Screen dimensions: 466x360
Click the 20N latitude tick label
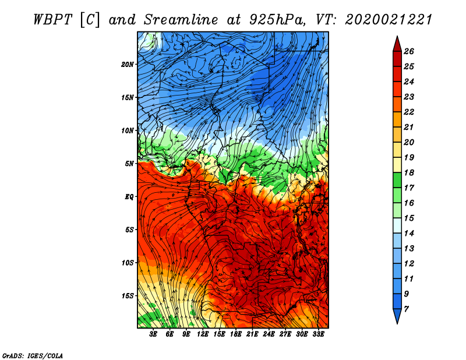pyautogui.click(x=127, y=65)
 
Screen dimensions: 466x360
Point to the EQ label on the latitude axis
pyautogui.click(x=129, y=197)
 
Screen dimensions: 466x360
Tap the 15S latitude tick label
pyautogui.click(x=128, y=296)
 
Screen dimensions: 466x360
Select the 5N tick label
pyautogui.click(x=129, y=164)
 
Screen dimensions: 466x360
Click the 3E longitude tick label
pyautogui.click(x=153, y=334)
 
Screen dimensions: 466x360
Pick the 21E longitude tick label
pyautogui.click(x=252, y=334)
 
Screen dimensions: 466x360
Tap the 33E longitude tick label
pyautogui.click(x=318, y=334)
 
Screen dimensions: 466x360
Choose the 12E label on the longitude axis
pyautogui.click(x=203, y=334)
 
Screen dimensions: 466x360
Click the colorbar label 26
pyautogui.click(x=409, y=51)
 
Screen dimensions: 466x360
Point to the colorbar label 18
pyautogui.click(x=409, y=172)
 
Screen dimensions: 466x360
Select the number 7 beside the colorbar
pyautogui.click(x=406, y=309)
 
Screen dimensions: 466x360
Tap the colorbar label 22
pyautogui.click(x=409, y=112)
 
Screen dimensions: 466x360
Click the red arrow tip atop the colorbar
pyautogui.click(x=397, y=36)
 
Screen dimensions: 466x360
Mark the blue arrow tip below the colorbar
pyautogui.click(x=397, y=323)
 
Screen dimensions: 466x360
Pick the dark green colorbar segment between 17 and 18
pyautogui.click(x=397, y=180)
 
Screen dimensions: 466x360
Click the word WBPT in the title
pyautogui.click(x=52, y=20)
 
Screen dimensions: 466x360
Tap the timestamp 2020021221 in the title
pyautogui.click(x=388, y=20)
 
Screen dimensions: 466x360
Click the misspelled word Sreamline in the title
pyautogui.click(x=181, y=20)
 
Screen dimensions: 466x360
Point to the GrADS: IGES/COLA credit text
pyautogui.click(x=33, y=355)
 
